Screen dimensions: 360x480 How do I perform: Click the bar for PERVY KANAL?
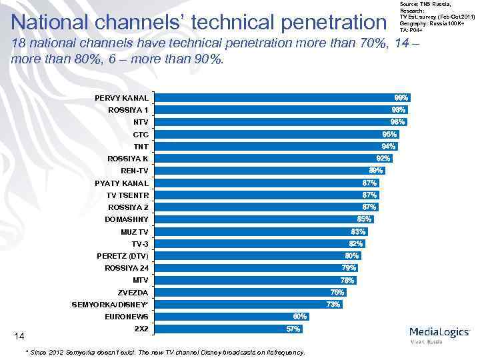280,97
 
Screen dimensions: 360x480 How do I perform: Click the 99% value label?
401,97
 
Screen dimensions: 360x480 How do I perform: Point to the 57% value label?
293,329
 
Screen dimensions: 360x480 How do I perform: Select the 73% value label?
333,305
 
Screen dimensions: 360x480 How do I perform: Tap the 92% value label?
383,158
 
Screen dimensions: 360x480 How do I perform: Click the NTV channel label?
141,122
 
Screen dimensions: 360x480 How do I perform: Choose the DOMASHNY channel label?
127,219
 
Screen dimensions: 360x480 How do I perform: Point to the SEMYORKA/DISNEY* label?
110,305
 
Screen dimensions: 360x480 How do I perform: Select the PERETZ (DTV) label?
123,256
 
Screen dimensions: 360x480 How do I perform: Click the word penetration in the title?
325,23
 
